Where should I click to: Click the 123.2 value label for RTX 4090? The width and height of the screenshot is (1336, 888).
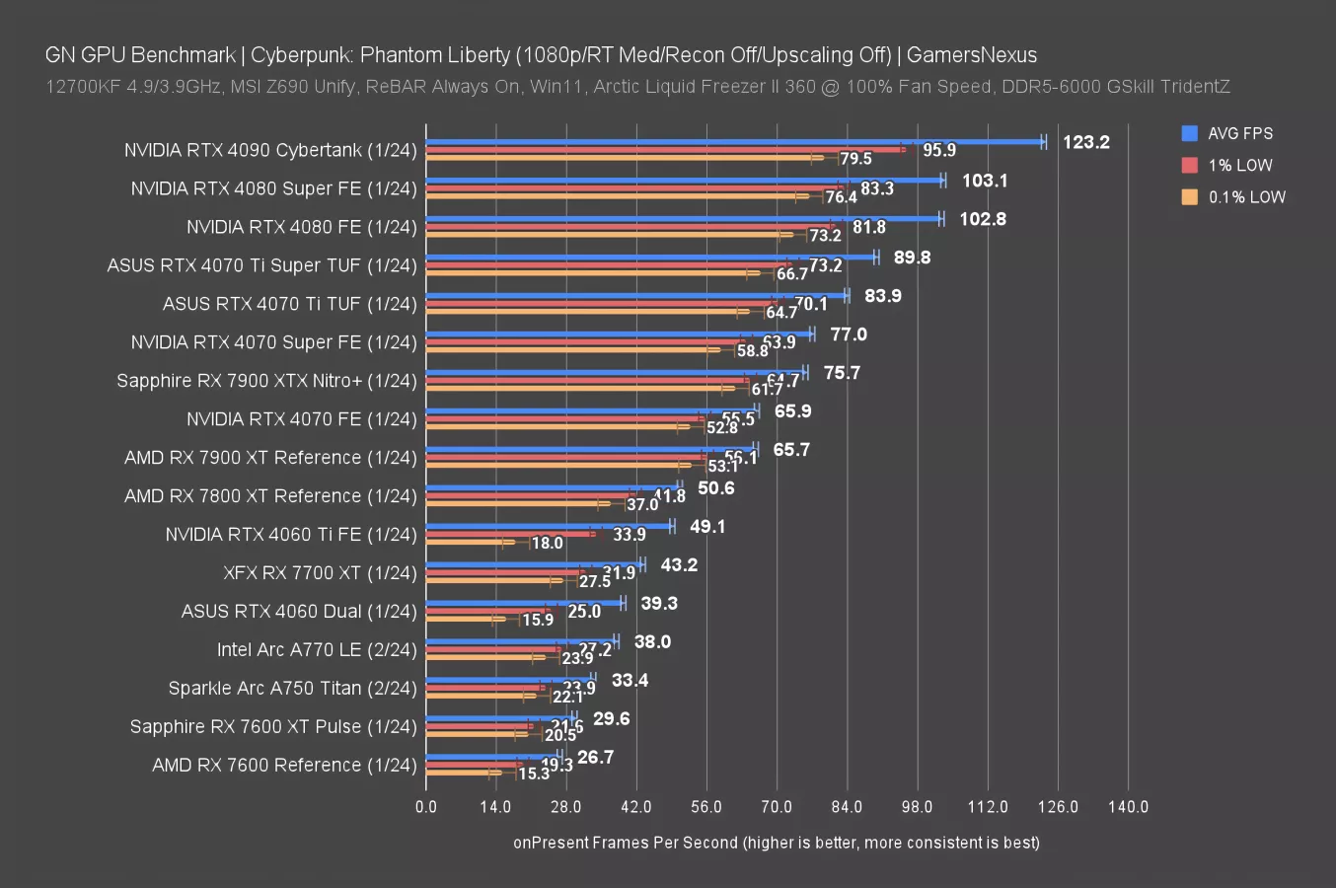(1085, 142)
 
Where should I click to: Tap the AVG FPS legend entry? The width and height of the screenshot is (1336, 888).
(1239, 133)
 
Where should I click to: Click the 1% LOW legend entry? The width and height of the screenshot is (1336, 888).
(1239, 165)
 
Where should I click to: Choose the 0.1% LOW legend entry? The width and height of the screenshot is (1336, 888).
(1246, 196)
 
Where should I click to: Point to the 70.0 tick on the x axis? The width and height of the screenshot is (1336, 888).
(777, 806)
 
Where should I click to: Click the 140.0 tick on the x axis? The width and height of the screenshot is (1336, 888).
(1128, 806)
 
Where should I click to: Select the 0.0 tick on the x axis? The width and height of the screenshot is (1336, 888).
(426, 806)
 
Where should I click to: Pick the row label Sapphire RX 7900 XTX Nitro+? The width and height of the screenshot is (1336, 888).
(266, 380)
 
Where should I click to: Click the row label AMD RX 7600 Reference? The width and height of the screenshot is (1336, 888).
(284, 765)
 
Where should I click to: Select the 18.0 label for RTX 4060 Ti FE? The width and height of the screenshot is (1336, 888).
(547, 543)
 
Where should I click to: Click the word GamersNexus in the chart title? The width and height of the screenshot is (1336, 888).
(971, 54)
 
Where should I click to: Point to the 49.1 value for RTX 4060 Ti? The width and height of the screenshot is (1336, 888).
(707, 527)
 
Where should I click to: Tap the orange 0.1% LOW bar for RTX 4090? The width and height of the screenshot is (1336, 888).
(622, 157)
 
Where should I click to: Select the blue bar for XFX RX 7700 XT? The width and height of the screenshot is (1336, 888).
(534, 565)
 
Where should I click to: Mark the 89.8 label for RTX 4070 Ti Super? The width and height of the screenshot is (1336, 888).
(912, 258)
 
